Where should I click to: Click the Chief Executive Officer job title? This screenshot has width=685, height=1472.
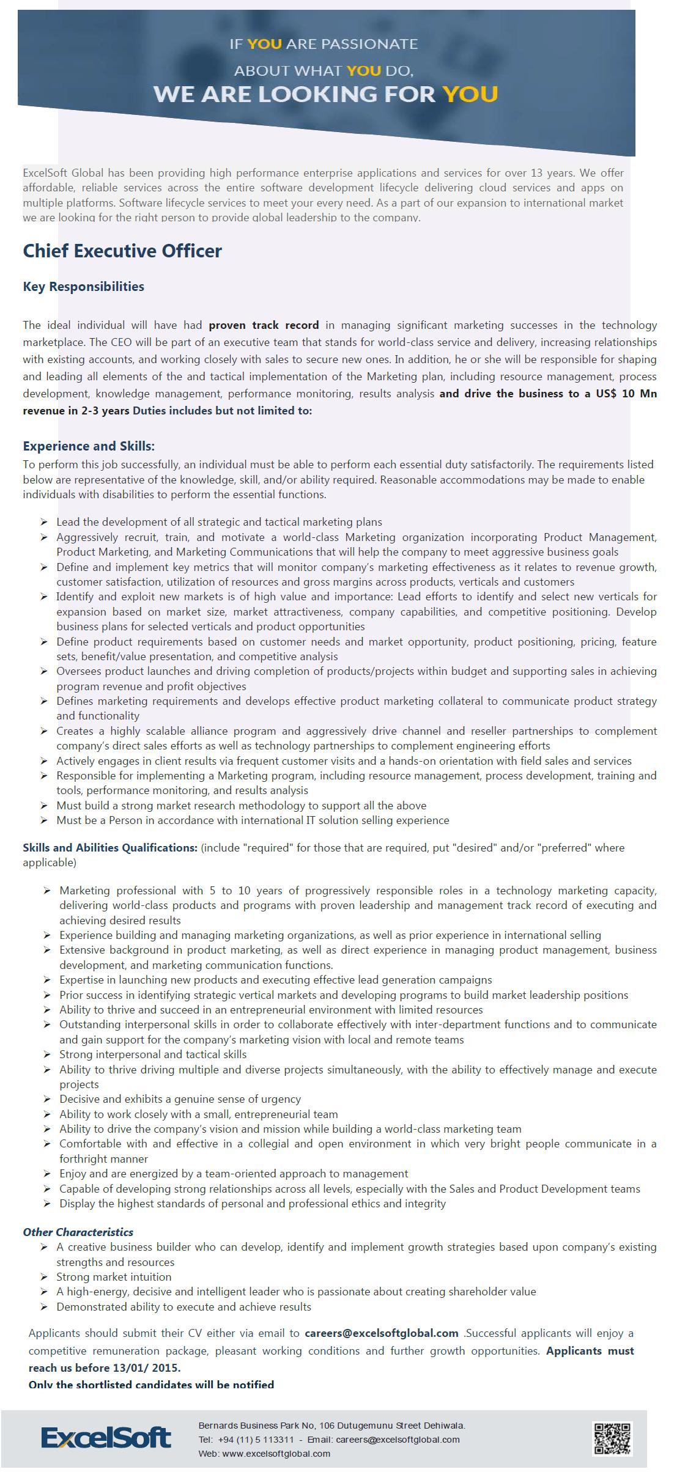click(122, 251)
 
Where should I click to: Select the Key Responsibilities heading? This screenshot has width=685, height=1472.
click(84, 287)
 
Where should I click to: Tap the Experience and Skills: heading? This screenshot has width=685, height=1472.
click(89, 446)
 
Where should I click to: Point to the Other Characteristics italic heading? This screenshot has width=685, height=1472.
click(78, 1232)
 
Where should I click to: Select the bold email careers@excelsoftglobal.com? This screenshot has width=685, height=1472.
click(382, 1333)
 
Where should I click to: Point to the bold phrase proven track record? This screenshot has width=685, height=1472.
click(264, 325)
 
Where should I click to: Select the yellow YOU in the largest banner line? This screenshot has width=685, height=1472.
click(470, 94)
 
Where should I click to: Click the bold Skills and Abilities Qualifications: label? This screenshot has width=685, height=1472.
click(110, 848)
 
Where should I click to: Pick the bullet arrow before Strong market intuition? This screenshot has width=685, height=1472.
click(44, 1276)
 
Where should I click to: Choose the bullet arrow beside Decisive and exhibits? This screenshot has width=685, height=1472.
click(47, 1099)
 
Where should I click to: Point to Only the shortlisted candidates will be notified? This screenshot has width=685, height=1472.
click(151, 1385)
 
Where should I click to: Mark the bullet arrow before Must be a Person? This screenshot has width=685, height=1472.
click(44, 820)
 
